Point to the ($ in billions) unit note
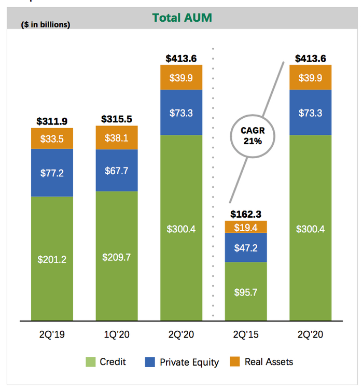point(46,24)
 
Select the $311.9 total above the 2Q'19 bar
point(52,121)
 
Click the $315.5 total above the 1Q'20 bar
point(117,119)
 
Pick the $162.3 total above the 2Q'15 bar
point(245,214)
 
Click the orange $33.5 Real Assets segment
point(52,138)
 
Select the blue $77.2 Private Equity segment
point(52,173)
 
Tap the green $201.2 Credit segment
point(52,259)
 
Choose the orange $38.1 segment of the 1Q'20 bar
point(117,137)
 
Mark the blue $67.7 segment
point(117,171)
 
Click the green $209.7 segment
point(117,256)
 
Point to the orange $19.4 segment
point(245,227)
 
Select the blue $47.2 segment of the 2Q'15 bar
point(245,247)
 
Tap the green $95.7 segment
point(245,291)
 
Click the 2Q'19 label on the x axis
point(52,335)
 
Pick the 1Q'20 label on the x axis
point(117,335)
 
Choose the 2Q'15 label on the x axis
point(245,335)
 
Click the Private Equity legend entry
point(181,362)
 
